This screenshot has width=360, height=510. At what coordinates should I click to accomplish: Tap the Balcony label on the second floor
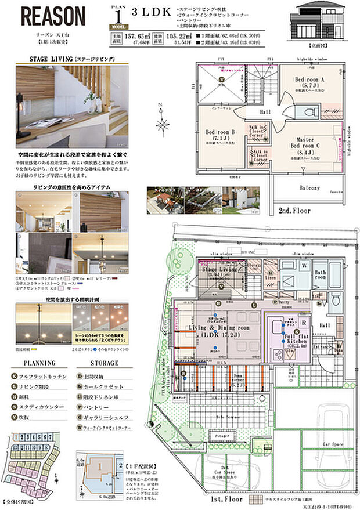(x=309, y=187)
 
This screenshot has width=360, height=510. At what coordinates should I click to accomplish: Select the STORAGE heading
(x=105, y=363)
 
